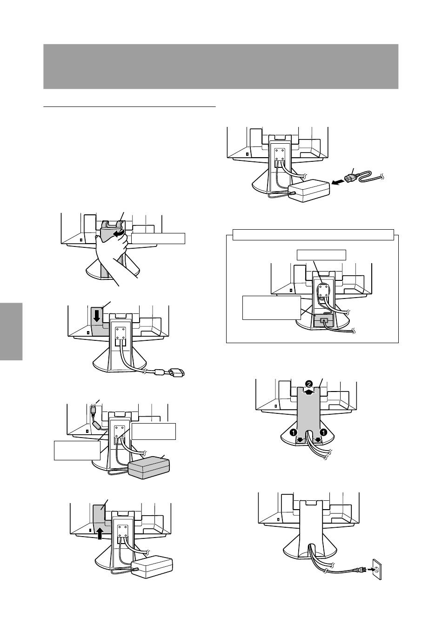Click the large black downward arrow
[97, 316]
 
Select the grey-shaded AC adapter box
[148, 467]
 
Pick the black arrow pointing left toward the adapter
[337, 183]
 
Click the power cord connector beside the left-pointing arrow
[352, 178]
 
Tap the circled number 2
[309, 384]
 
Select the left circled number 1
[293, 432]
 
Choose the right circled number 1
[323, 432]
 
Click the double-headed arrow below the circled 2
[309, 392]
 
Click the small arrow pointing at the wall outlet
[370, 570]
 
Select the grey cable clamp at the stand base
[323, 321]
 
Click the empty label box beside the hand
[158, 239]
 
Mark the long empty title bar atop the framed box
[313, 234]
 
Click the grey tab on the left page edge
[11, 331]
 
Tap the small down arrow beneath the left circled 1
[300, 440]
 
